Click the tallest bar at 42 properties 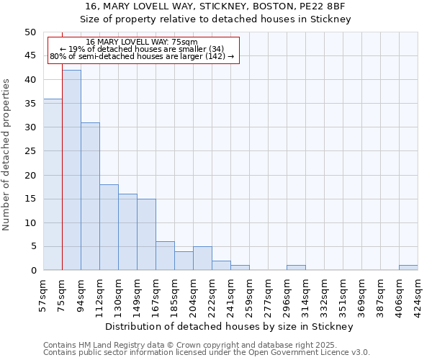(71, 170)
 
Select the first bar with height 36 (53, 184)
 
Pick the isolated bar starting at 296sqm (296, 268)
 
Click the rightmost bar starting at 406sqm (408, 268)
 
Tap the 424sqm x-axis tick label (418, 295)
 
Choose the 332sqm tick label (325, 295)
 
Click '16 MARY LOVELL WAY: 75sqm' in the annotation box (141, 42)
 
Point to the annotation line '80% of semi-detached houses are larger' (142, 56)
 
